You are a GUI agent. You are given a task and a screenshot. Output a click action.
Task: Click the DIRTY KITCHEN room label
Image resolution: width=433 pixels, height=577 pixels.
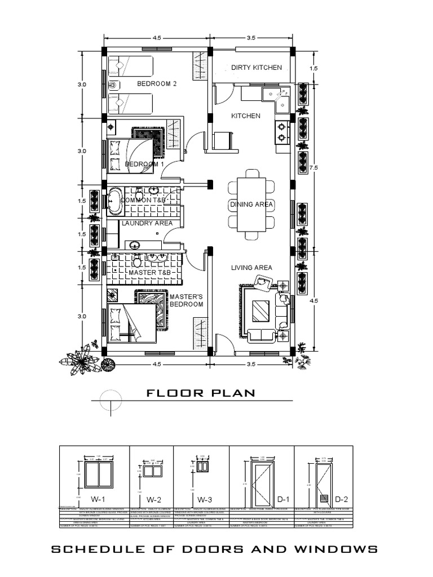click(x=256, y=68)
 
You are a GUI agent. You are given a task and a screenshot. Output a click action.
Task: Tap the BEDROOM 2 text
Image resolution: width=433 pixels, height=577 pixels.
click(x=157, y=84)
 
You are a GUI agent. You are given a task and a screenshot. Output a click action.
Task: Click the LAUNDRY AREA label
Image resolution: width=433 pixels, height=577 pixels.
click(x=147, y=223)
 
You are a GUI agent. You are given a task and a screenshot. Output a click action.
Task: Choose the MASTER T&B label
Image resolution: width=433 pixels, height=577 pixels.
click(x=149, y=273)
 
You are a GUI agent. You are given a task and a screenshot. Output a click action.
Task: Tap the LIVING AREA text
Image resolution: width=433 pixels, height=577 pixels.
click(x=251, y=268)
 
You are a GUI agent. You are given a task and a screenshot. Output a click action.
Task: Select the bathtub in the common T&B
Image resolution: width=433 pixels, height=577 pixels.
click(x=114, y=201)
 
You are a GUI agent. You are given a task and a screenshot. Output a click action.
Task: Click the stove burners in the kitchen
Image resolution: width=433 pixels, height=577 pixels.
click(x=281, y=131)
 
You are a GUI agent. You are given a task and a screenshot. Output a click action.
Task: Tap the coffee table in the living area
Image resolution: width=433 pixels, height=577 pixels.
click(x=260, y=310)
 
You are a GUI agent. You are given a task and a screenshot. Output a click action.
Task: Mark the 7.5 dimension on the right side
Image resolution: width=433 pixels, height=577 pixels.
click(x=314, y=167)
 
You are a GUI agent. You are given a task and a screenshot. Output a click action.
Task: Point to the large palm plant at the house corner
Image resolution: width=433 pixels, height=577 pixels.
click(x=84, y=359)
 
